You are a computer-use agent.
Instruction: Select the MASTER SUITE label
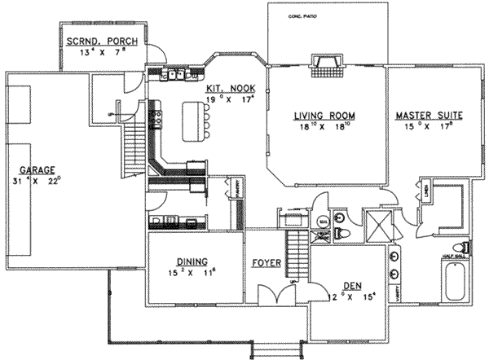pyautogui.click(x=428, y=116)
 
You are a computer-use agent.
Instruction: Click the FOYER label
pyautogui.click(x=265, y=262)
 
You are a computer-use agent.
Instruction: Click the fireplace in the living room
pyautogui.click(x=328, y=64)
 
